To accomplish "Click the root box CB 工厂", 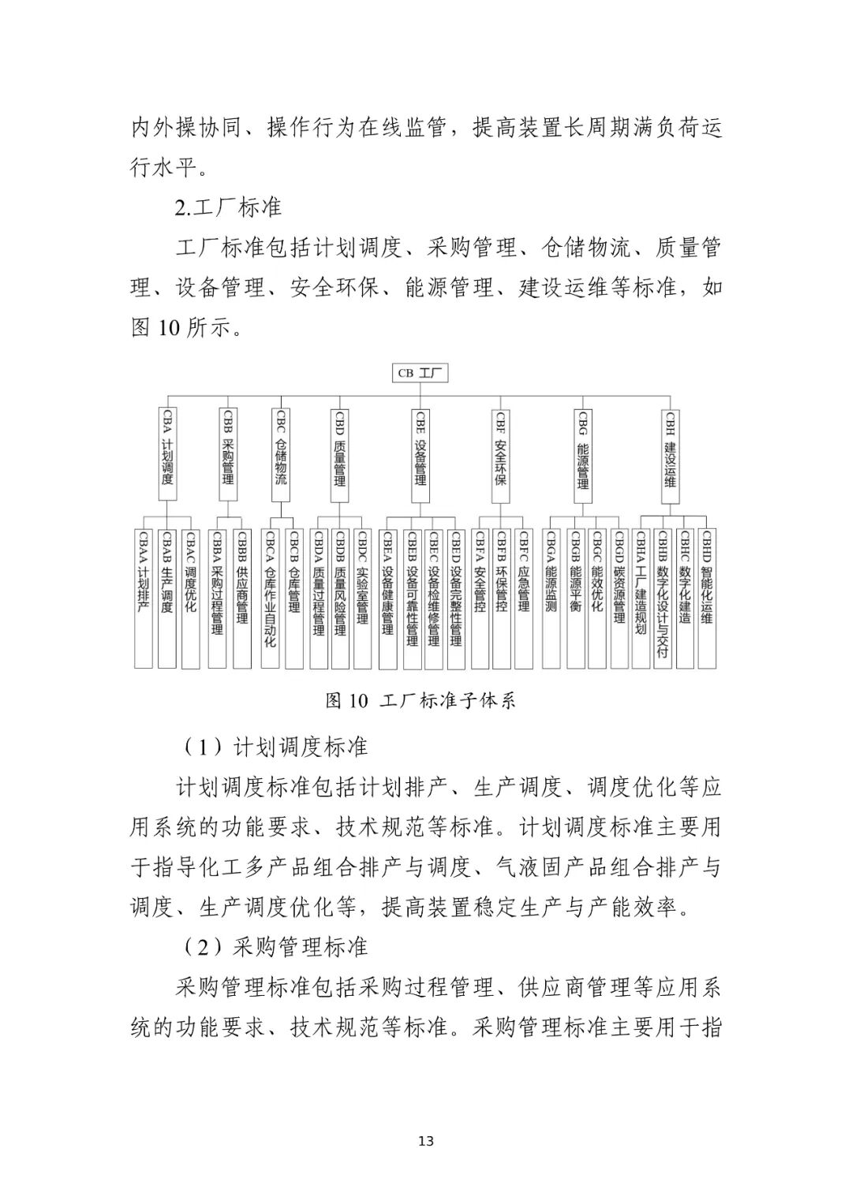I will pyautogui.click(x=421, y=372).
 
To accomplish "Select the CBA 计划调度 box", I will pyautogui.click(x=167, y=454).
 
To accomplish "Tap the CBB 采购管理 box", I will pyautogui.click(x=228, y=454).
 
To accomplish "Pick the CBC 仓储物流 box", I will pyautogui.click(x=280, y=454).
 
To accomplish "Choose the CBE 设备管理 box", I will pyautogui.click(x=421, y=454).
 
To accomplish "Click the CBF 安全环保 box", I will pyautogui.click(x=500, y=454).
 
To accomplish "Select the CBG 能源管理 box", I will pyautogui.click(x=583, y=454).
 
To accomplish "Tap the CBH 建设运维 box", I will pyautogui.click(x=670, y=454).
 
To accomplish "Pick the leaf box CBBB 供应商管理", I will pyautogui.click(x=242, y=598).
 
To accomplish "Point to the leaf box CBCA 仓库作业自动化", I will pyautogui.click(x=271, y=598).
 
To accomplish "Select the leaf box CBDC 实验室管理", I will pyautogui.click(x=362, y=598).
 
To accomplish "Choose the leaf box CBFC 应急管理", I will pyautogui.click(x=524, y=598).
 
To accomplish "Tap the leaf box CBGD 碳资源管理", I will pyautogui.click(x=619, y=598).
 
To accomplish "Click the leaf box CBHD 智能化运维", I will pyautogui.click(x=707, y=598).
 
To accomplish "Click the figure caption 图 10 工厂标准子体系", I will pyautogui.click(x=420, y=700).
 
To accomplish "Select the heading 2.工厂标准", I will pyautogui.click(x=228, y=207).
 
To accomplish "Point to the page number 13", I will pyautogui.click(x=426, y=1141).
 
